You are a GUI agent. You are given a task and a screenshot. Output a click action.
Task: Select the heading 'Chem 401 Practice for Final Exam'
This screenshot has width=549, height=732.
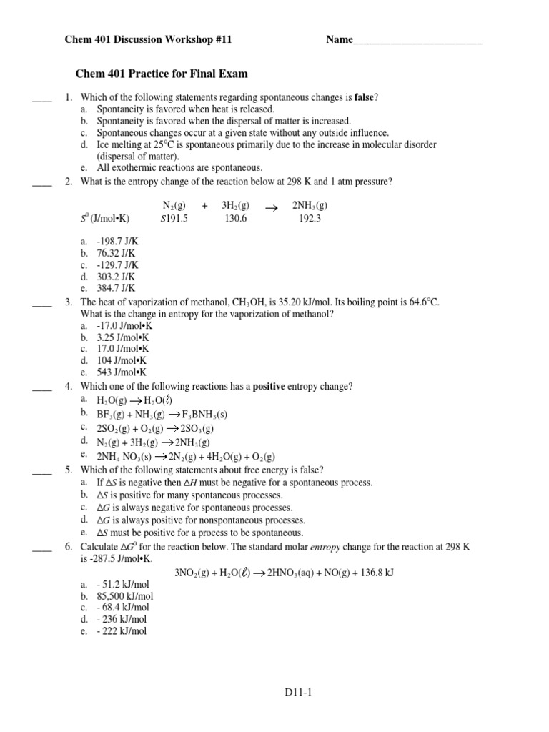pyautogui.click(x=162, y=74)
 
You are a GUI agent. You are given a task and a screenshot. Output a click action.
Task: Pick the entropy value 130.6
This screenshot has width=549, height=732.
pyautogui.click(x=234, y=219)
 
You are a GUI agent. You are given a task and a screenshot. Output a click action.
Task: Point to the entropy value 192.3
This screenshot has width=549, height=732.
pyautogui.click(x=310, y=219)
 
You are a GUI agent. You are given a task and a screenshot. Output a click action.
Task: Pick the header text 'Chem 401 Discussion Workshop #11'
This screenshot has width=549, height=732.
pyautogui.click(x=149, y=41)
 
